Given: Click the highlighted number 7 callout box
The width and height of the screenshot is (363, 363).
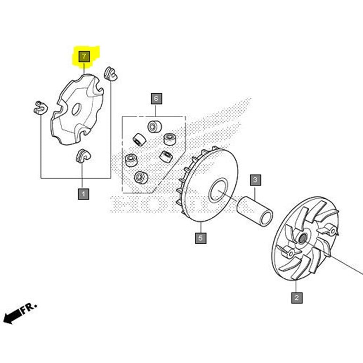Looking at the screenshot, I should point(84,57).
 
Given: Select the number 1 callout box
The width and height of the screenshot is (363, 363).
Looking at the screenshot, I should point(83,194).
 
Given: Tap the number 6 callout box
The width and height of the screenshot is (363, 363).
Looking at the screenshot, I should point(156,98).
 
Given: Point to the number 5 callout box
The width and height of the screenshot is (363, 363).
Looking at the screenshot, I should point(200,238).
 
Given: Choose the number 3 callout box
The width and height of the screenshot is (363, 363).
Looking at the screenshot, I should point(255,179).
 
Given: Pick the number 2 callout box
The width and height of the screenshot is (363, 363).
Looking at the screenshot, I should point(297,298).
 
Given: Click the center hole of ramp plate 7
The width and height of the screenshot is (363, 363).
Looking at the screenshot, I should point(76,109).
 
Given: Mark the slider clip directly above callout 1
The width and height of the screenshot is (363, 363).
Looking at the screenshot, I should point(83,156).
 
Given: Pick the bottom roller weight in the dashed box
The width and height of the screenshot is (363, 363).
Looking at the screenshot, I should point(140,177).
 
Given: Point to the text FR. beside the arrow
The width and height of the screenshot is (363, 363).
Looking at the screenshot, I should point(29,308).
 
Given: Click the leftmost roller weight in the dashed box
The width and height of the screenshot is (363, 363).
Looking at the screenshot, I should point(131,160).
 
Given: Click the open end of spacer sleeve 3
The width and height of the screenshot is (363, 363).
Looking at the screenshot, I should point(267,217).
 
